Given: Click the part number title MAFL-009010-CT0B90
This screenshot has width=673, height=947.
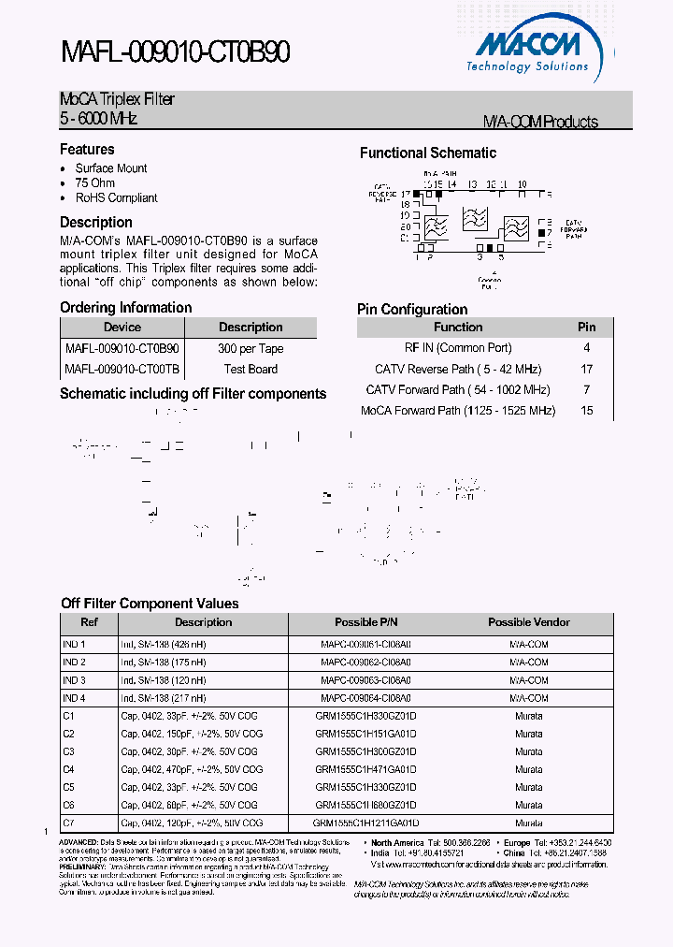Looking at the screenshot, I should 175,53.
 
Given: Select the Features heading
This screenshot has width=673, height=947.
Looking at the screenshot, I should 87,150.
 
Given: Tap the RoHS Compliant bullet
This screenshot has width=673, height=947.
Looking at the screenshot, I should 116,198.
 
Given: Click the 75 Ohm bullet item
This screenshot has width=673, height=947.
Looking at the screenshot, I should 94,183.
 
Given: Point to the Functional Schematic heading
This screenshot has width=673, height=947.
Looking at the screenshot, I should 428,153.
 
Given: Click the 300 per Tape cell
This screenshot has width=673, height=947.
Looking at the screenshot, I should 251,349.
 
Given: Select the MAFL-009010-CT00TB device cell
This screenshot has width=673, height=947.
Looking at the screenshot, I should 122,370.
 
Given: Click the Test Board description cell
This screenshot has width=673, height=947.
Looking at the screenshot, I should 251,370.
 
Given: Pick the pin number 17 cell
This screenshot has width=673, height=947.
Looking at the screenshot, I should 587,370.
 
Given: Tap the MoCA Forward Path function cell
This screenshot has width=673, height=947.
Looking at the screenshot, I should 458,411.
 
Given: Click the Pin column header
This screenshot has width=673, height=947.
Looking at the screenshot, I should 587,328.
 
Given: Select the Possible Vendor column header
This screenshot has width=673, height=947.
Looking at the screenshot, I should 529,622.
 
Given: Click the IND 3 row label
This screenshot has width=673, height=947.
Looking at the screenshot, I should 74,680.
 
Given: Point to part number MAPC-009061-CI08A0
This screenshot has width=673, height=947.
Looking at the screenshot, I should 365,645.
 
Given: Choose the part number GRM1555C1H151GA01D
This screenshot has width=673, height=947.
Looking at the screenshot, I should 365,734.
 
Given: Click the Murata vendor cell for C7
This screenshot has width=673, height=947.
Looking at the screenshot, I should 529,823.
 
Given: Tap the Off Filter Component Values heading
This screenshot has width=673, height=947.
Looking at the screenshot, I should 150,604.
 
